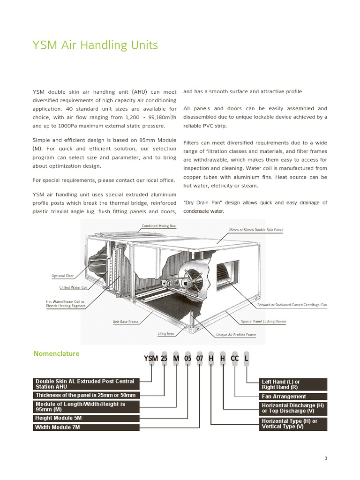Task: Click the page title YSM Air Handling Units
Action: pos(95,45)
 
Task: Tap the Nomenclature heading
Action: pos(56,353)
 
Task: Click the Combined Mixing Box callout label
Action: pos(158,226)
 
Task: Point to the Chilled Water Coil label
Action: pos(73,287)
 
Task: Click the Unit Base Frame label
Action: pos(125,322)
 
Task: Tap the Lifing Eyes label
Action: pos(165,333)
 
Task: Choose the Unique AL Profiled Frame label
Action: pos(236,335)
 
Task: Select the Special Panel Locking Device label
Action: pos(263,322)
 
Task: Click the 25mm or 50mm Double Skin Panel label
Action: pos(255,230)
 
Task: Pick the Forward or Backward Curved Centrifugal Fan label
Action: pos(292,305)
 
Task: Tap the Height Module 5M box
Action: pos(86,418)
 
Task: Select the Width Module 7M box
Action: pos(86,427)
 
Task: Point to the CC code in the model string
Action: pos(235,359)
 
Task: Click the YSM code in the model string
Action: pos(151,359)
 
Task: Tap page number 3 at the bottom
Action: pos(325,458)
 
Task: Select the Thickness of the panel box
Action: pos(86,395)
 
